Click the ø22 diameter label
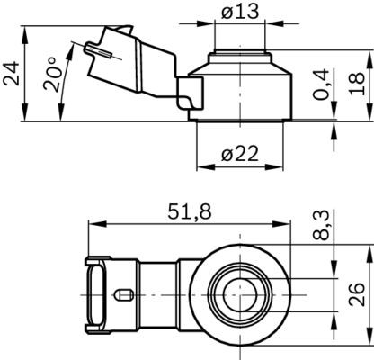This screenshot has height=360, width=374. (x=240, y=153)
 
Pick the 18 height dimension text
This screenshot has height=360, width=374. (x=356, y=85)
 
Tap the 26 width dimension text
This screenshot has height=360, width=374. (x=356, y=292)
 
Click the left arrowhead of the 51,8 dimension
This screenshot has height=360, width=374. (x=92, y=223)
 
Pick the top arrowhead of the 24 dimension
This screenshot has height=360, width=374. (x=27, y=31)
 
